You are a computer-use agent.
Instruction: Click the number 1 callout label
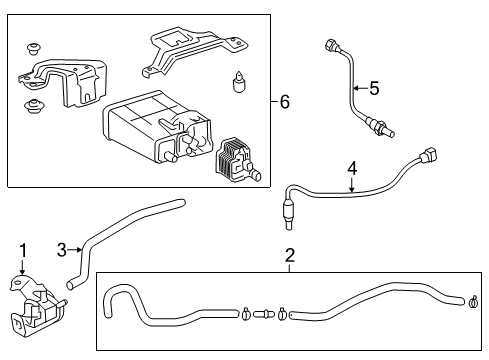tap(20, 248)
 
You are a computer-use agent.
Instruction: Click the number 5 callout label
tap(374, 88)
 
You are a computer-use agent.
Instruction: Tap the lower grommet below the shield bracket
tap(36, 106)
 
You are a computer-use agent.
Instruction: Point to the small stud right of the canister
tap(239, 82)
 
